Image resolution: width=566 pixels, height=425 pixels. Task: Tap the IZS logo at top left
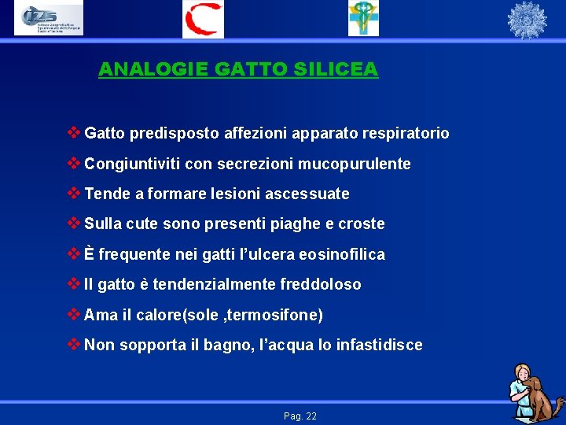click(48, 19)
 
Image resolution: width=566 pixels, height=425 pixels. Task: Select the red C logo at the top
click(203, 19)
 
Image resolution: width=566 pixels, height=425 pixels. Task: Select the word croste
click(361, 224)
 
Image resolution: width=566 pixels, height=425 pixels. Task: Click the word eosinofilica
click(340, 254)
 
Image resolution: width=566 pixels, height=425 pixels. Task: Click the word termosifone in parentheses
click(274, 315)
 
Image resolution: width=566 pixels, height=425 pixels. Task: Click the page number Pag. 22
click(300, 416)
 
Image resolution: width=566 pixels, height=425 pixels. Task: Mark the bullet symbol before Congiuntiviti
click(74, 163)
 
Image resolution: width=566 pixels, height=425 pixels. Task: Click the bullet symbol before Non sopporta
click(74, 344)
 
